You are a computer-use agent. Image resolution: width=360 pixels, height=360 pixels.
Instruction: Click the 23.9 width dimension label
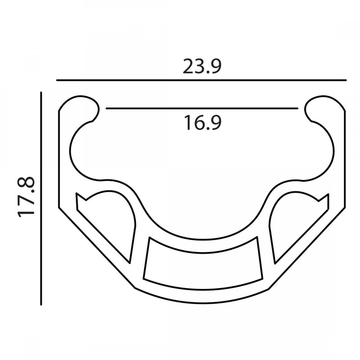pyautogui.click(x=202, y=67)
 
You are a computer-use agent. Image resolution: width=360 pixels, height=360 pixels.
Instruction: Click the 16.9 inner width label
pyautogui.click(x=202, y=123)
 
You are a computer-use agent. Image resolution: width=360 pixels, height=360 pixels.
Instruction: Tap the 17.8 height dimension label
pyautogui.click(x=26, y=197)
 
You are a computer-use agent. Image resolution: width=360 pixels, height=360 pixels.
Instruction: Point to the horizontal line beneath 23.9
pyautogui.click(x=201, y=80)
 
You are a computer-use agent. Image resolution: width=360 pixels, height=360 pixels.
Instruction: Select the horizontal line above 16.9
pyautogui.click(x=202, y=108)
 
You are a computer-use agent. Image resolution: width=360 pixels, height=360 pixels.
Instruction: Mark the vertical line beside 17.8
pyautogui.click(x=41, y=198)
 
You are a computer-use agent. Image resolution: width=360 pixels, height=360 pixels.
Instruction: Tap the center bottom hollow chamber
pyautogui.click(x=203, y=264)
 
